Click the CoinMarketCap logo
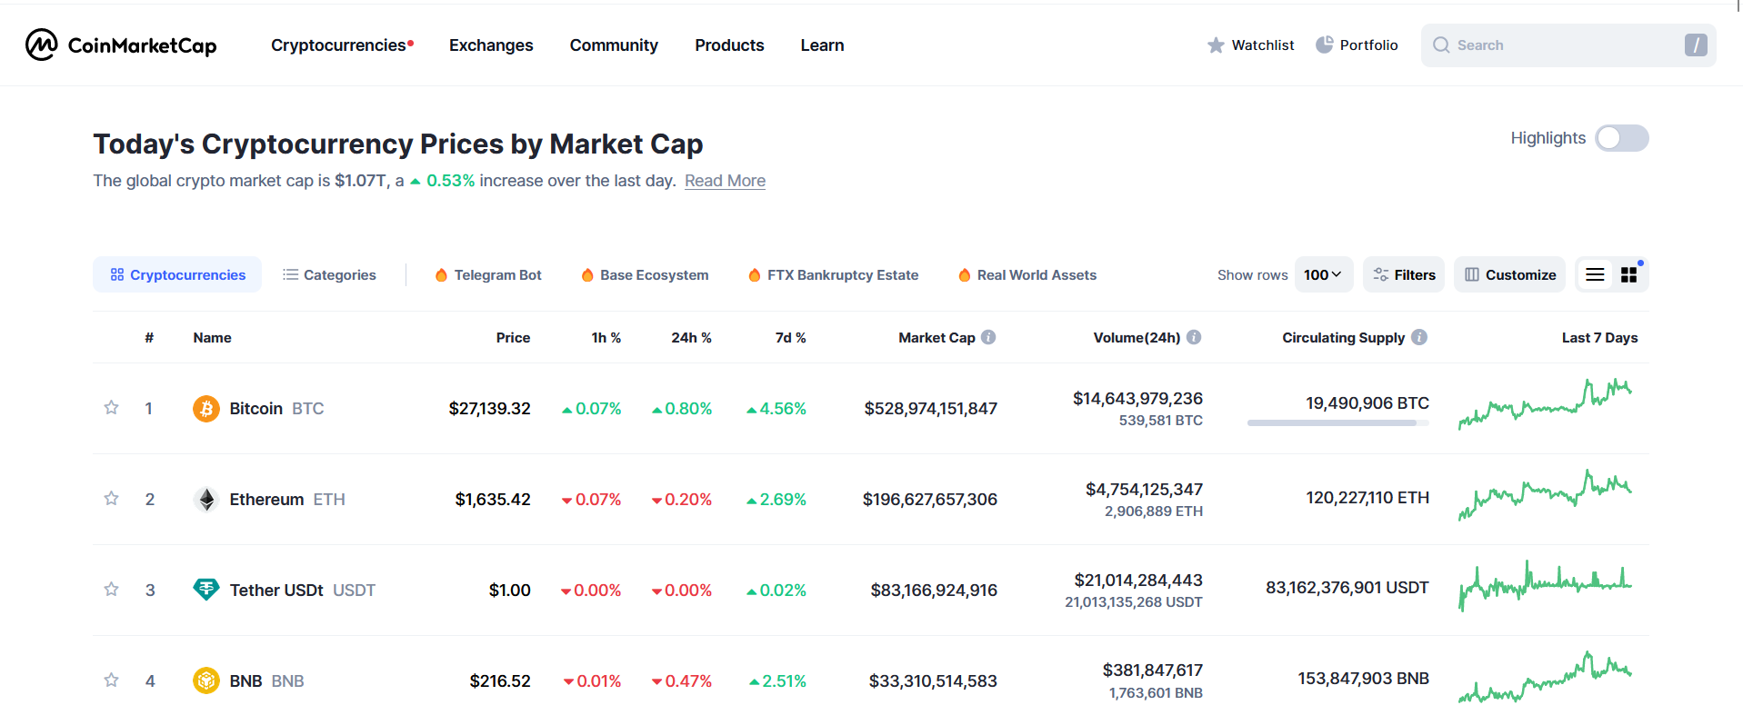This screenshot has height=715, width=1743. [x=121, y=45]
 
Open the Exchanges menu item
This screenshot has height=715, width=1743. [x=490, y=45]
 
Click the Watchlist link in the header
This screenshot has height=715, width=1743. [x=1250, y=45]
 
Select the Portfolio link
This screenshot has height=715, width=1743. [x=1357, y=45]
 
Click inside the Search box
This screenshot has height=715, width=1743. [x=1555, y=45]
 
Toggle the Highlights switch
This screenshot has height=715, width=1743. [x=1621, y=138]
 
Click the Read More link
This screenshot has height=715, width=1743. [x=725, y=181]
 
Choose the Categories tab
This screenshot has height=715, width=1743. [x=329, y=275]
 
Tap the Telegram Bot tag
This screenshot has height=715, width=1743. [x=488, y=275]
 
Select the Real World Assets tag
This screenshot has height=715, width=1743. [x=1027, y=275]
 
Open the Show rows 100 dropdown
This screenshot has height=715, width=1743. [x=1323, y=275]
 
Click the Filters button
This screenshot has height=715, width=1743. [x=1404, y=275]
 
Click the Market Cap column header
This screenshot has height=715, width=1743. [x=937, y=338]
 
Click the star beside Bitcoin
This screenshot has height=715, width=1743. [x=111, y=408]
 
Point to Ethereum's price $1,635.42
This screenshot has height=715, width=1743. [x=493, y=500]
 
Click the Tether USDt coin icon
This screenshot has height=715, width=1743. [x=206, y=590]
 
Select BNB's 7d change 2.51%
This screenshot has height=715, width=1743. [x=778, y=681]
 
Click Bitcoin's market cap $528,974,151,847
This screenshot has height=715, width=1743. [x=930, y=409]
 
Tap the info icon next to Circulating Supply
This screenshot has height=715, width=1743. [x=1419, y=337]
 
